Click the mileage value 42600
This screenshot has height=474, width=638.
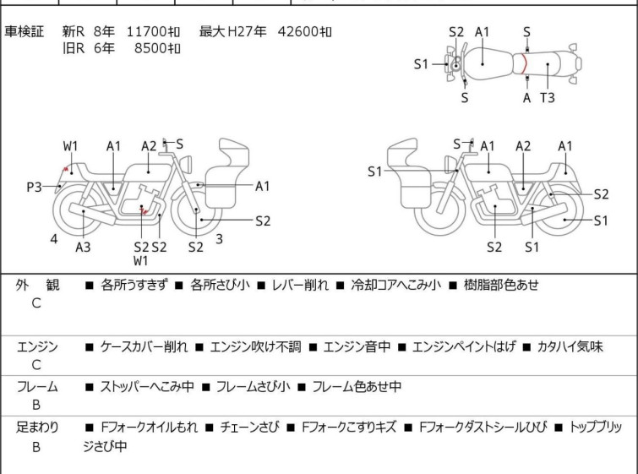pyautogui.click(x=300, y=31)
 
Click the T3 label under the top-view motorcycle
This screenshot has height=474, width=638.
pyautogui.click(x=548, y=98)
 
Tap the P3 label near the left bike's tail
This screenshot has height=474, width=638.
pyautogui.click(x=34, y=188)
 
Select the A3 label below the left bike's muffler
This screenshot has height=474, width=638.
pyautogui.click(x=83, y=247)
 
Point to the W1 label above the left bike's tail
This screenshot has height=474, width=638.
pyautogui.click(x=70, y=146)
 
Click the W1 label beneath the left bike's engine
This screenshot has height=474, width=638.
pyautogui.click(x=141, y=261)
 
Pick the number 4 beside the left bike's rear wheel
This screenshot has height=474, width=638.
pyautogui.click(x=54, y=239)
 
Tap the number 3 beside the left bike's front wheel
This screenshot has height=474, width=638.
pyautogui.click(x=219, y=239)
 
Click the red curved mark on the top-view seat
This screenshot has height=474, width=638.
pyautogui.click(x=525, y=64)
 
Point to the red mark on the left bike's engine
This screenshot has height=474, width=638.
pyautogui.click(x=144, y=210)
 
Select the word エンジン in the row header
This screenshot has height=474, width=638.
pyautogui.click(x=37, y=347)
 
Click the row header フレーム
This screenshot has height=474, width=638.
pyautogui.click(x=37, y=386)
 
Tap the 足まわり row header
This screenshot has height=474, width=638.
pyautogui.click(x=37, y=428)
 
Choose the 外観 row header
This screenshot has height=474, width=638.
pyautogui.click(x=37, y=285)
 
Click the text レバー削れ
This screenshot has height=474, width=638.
pyautogui.click(x=300, y=285)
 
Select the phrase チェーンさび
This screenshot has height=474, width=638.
pyautogui.click(x=250, y=428)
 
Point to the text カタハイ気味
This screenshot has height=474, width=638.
pyautogui.click(x=570, y=346)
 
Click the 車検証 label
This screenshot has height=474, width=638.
pyautogui.click(x=24, y=31)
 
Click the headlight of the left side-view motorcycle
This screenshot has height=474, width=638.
pyautogui.click(x=186, y=165)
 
